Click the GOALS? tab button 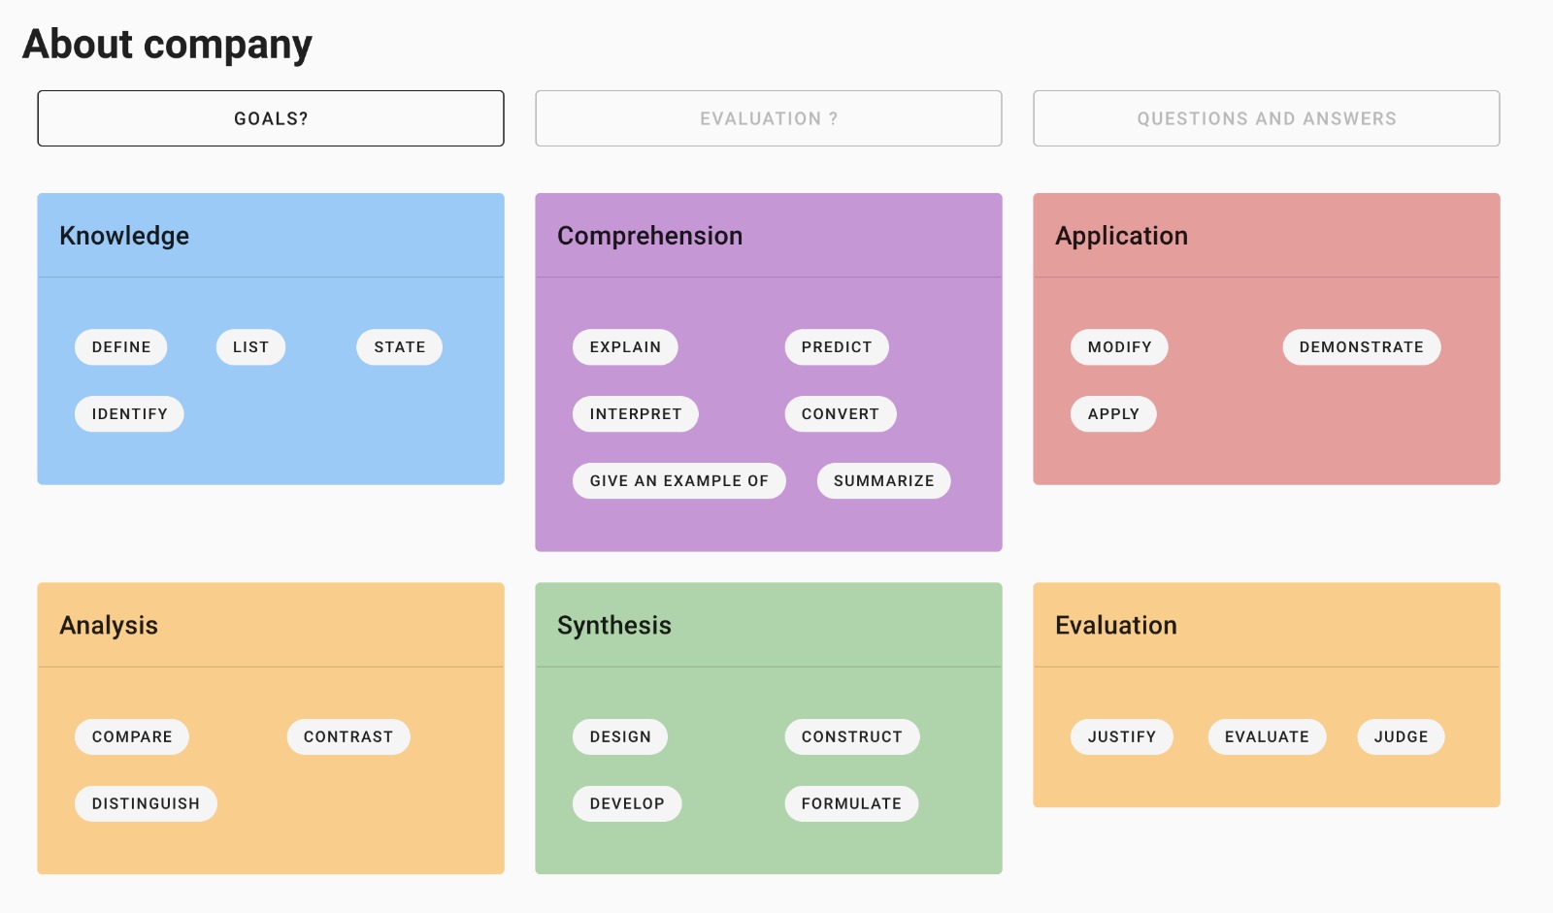pyautogui.click(x=271, y=118)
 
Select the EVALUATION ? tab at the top pyautogui.click(x=768, y=118)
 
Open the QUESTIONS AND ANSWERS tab pyautogui.click(x=1266, y=118)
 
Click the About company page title pyautogui.click(x=167, y=45)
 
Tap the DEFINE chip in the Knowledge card pyautogui.click(x=121, y=347)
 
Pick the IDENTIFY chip pyautogui.click(x=129, y=414)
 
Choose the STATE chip pyautogui.click(x=399, y=347)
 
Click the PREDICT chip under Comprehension pyautogui.click(x=836, y=347)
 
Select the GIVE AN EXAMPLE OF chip pyautogui.click(x=678, y=481)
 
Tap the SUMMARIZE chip pyautogui.click(x=883, y=481)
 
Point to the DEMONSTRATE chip pyautogui.click(x=1361, y=347)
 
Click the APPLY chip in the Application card pyautogui.click(x=1112, y=414)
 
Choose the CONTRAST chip pyautogui.click(x=347, y=737)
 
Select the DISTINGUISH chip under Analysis pyautogui.click(x=146, y=804)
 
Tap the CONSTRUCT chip pyautogui.click(x=851, y=737)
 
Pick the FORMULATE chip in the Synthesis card pyautogui.click(x=851, y=804)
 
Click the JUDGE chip pyautogui.click(x=1401, y=737)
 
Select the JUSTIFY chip pyautogui.click(x=1121, y=737)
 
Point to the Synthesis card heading pyautogui.click(x=614, y=626)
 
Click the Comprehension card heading pyautogui.click(x=649, y=236)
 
